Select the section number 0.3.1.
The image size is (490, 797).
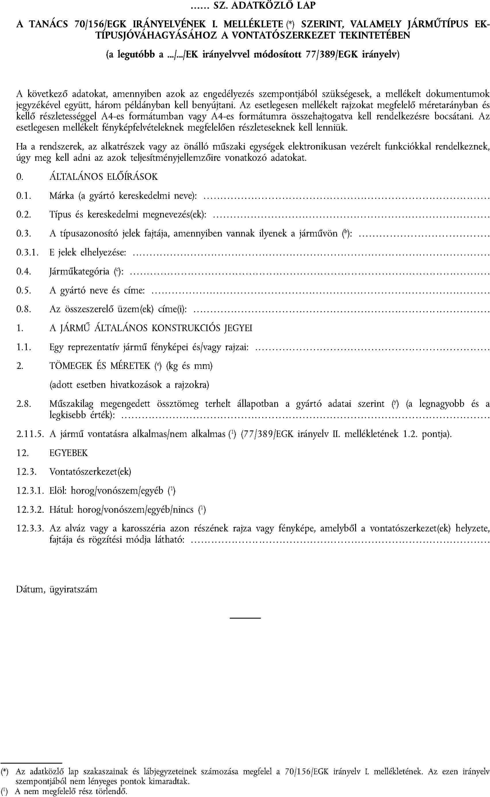[x=27, y=253]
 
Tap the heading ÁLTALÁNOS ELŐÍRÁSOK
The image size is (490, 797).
[x=104, y=177]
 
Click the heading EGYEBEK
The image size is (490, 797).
[x=68, y=453]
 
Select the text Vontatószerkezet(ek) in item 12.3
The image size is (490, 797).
[x=90, y=472]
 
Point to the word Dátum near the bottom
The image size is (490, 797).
[x=30, y=589]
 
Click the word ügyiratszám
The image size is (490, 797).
[x=73, y=590]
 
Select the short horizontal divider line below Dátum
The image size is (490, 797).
[x=245, y=618]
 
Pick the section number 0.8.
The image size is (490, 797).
[x=24, y=309]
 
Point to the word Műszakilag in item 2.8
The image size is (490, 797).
[x=71, y=404]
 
